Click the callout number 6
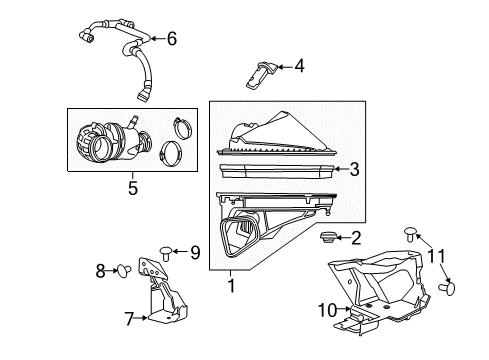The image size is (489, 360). (171, 39)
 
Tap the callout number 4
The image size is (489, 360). (299, 66)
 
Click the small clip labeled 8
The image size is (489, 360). (121, 268)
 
